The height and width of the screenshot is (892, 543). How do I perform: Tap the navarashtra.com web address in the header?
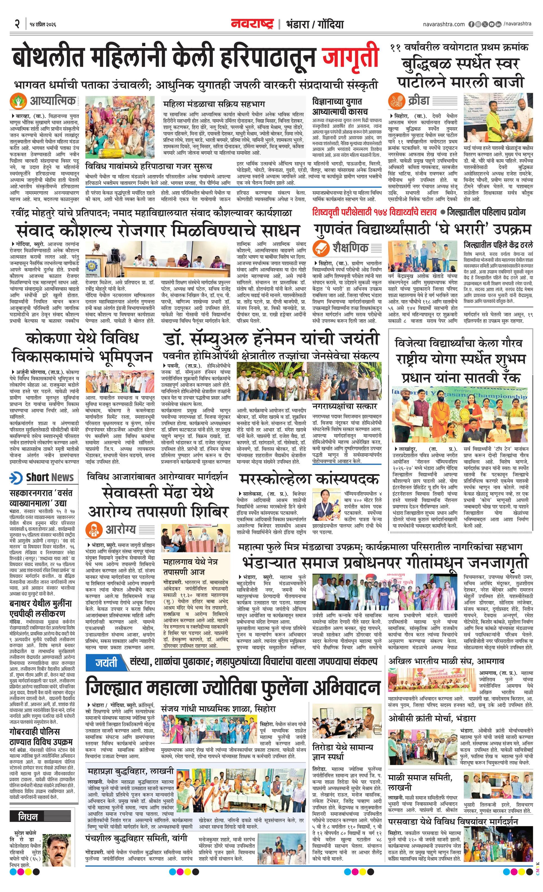click(444, 24)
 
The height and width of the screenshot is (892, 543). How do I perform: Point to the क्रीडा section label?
click(418, 100)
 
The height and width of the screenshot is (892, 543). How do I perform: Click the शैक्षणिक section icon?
click(321, 248)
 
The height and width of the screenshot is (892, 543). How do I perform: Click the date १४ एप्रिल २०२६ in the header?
click(41, 24)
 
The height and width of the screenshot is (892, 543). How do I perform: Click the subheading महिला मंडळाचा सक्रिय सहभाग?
click(214, 104)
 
